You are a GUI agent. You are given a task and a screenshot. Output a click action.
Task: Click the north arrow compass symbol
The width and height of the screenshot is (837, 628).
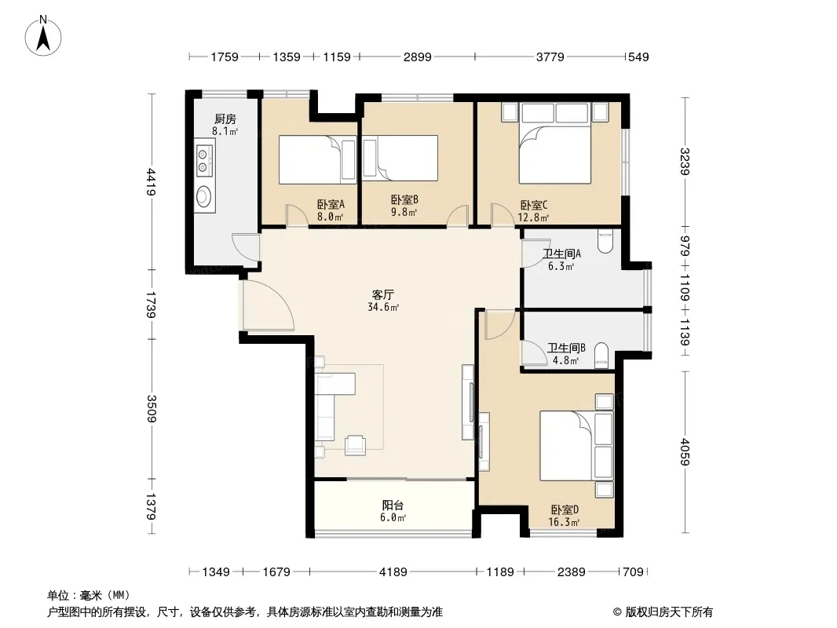tap(43, 36)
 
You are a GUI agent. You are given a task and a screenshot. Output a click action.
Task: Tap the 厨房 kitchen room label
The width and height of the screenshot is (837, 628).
tap(225, 119)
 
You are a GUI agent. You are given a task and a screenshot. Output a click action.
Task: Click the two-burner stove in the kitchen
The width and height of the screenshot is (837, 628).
tap(203, 160)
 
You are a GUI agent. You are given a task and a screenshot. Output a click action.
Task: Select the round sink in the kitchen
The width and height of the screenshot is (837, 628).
tap(203, 195)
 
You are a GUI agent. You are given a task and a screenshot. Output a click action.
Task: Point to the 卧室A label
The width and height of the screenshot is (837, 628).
tap(331, 204)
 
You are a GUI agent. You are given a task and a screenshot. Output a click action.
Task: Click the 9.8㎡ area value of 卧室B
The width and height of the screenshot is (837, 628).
tap(404, 212)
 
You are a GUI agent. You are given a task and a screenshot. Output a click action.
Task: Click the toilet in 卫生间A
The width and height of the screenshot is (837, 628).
tap(606, 241)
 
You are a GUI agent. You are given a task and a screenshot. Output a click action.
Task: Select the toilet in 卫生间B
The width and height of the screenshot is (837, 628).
tap(601, 355)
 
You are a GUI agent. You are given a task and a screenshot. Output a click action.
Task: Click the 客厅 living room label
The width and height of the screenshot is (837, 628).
tap(383, 294)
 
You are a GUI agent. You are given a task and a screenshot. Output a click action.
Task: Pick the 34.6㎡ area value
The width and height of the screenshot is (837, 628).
tap(383, 308)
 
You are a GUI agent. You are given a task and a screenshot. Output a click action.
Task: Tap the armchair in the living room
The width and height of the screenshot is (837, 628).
tap(355, 445)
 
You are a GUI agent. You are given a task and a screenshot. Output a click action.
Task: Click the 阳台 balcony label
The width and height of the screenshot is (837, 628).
tap(393, 505)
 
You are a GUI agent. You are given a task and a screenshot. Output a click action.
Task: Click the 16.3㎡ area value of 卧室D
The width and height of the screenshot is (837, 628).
tap(565, 522)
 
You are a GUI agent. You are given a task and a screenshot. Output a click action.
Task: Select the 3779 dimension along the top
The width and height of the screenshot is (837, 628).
tap(550, 57)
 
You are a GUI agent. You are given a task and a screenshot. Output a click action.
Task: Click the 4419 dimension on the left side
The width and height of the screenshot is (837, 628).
tap(152, 182)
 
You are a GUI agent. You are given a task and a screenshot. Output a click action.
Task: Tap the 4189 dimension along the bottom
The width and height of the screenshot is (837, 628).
tap(393, 572)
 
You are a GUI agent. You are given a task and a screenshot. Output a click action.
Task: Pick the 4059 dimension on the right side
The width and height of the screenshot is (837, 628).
tap(685, 452)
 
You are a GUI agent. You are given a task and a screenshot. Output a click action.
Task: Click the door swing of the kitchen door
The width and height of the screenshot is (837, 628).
tap(239, 246)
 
